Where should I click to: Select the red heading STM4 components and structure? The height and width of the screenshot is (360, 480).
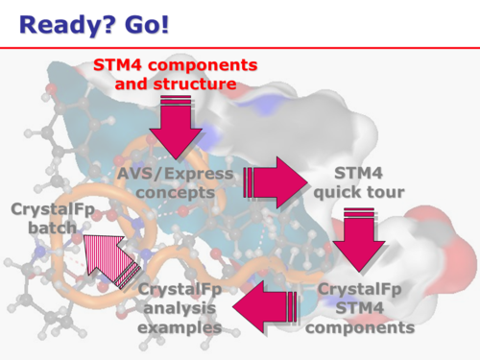pos(175,75)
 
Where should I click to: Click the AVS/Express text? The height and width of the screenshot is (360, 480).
pos(175,174)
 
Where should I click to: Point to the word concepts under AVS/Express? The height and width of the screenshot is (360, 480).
pos(175,192)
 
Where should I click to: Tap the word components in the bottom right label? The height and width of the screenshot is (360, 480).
pos(366,327)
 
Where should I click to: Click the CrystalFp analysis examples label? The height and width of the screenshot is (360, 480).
pos(180,308)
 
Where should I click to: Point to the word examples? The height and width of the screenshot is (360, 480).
pos(180,327)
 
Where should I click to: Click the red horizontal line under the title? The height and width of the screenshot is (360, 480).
pos(240,46)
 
